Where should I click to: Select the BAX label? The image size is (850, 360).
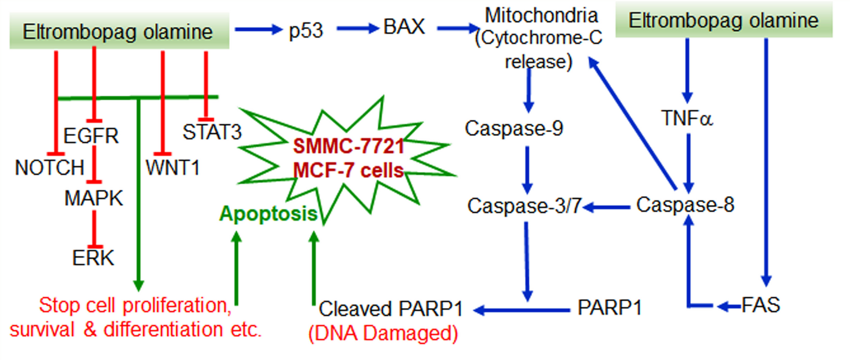click(x=404, y=27)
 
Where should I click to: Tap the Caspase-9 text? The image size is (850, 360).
click(x=513, y=128)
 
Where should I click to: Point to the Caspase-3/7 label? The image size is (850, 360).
click(x=524, y=206)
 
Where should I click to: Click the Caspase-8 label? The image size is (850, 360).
click(x=685, y=205)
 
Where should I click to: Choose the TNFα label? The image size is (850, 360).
click(x=687, y=118)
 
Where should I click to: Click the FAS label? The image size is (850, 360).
click(x=761, y=305)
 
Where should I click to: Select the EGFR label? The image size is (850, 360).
click(x=91, y=136)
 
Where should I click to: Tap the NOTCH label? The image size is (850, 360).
click(x=50, y=168)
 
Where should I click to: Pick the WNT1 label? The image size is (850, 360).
click(x=172, y=168)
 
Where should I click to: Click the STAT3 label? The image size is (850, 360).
click(x=212, y=132)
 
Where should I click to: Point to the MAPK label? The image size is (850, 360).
click(x=94, y=198)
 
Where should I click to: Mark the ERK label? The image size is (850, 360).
click(x=93, y=258)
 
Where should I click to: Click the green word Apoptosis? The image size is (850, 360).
click(x=268, y=213)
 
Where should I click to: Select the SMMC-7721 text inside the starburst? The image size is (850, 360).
click(x=348, y=147)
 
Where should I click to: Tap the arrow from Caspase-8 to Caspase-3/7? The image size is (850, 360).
click(x=606, y=208)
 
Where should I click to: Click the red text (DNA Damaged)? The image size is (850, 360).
click(x=383, y=333)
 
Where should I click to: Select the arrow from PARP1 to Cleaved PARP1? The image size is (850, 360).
click(x=522, y=310)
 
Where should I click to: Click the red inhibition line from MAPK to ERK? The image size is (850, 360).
click(x=94, y=229)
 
